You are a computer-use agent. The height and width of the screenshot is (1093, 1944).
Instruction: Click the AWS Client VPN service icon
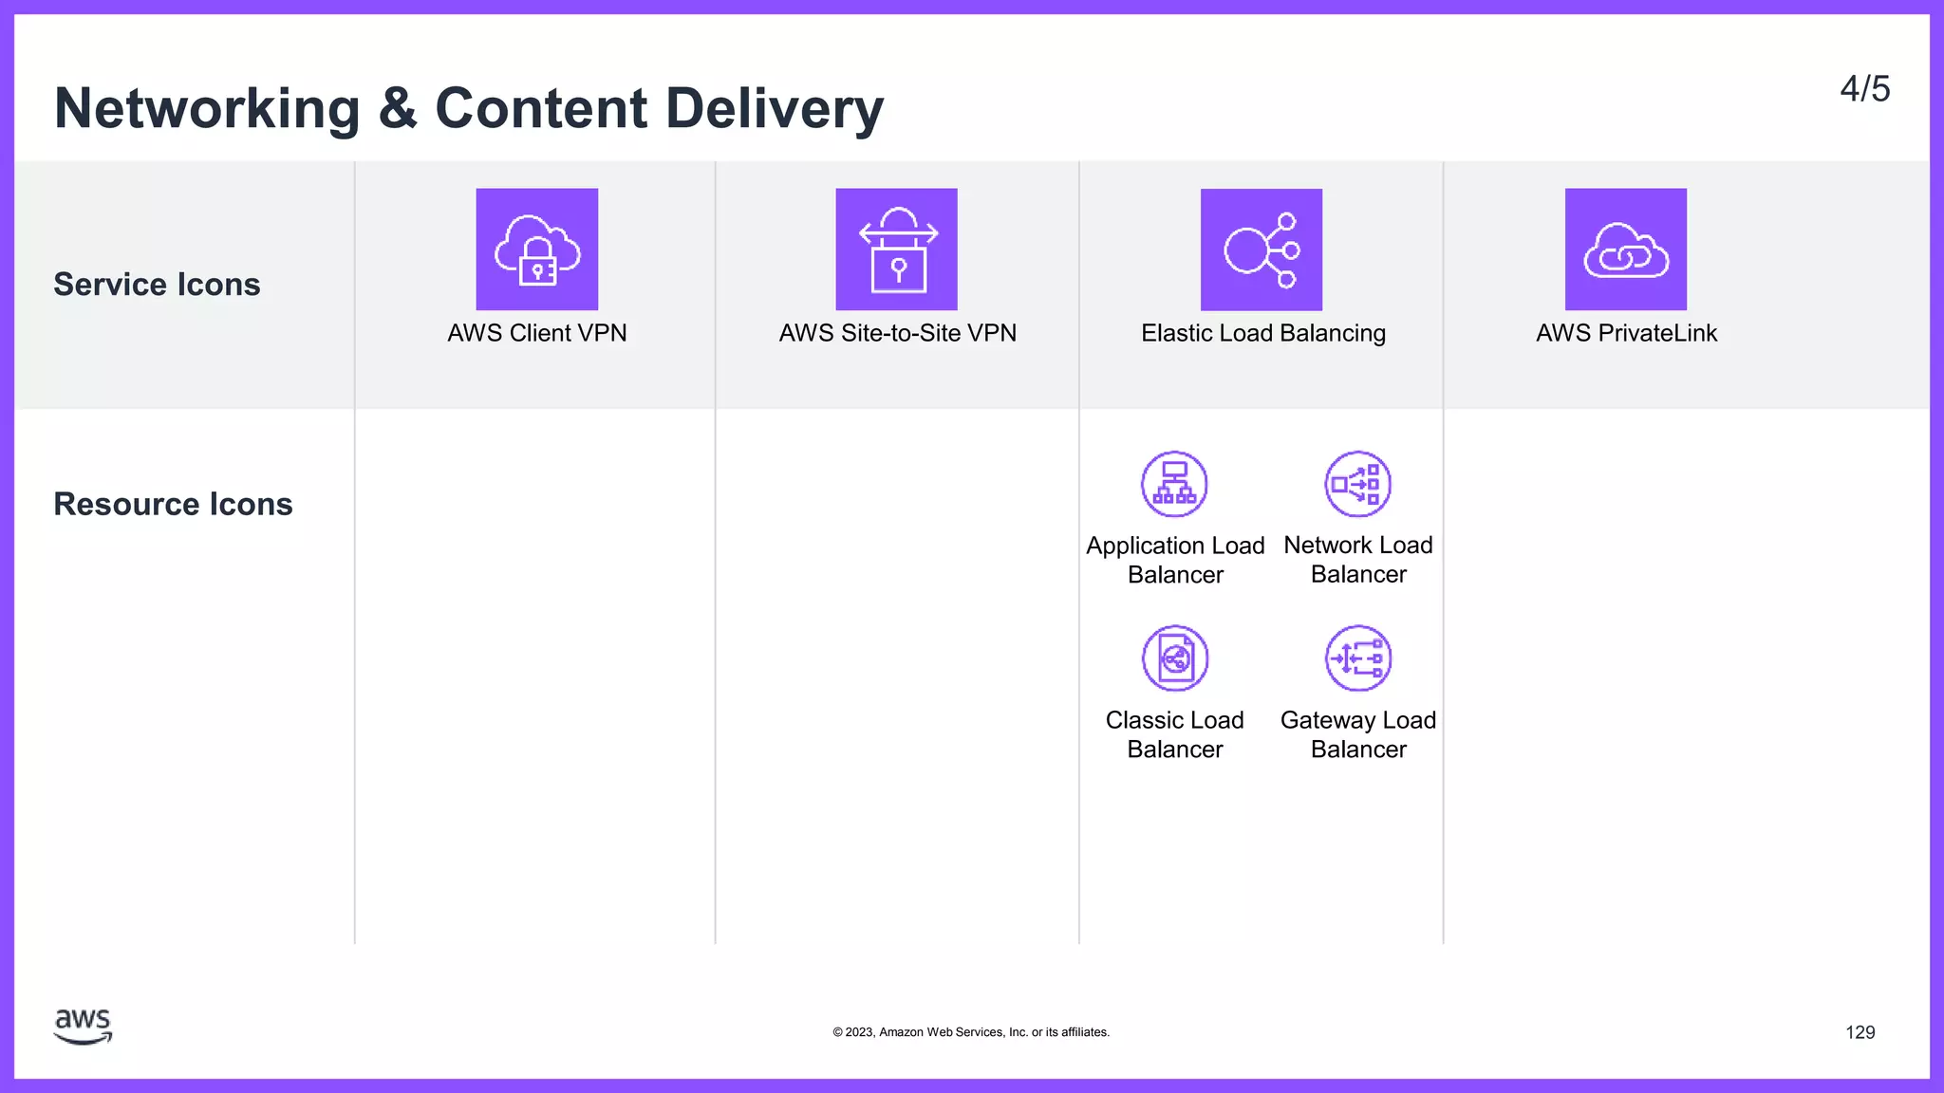click(x=537, y=250)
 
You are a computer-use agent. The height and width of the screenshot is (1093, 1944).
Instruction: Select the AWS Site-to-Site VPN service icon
click(x=896, y=250)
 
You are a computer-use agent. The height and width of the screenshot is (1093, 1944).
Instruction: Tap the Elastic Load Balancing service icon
click(x=1261, y=250)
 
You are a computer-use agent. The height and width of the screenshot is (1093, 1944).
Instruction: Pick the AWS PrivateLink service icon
click(x=1625, y=250)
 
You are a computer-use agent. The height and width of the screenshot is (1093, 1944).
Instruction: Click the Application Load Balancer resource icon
click(x=1174, y=484)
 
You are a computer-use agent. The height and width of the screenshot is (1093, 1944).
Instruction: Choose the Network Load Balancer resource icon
click(x=1357, y=484)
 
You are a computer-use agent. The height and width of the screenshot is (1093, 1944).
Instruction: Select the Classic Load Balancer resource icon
click(x=1175, y=658)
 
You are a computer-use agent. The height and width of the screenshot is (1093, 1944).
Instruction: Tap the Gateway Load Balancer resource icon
click(x=1358, y=658)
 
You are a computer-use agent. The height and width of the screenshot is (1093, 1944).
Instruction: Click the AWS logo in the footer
click(x=84, y=1027)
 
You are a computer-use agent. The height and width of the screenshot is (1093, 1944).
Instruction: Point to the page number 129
click(x=1860, y=1032)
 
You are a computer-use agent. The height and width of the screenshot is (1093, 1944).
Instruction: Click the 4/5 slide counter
click(x=1864, y=89)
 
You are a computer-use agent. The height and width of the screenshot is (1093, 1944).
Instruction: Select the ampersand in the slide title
click(x=398, y=108)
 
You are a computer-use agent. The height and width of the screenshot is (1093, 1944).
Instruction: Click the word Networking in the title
click(x=207, y=108)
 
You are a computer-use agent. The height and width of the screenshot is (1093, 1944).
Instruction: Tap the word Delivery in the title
click(x=775, y=108)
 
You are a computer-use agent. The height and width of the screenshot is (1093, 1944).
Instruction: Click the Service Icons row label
click(x=157, y=285)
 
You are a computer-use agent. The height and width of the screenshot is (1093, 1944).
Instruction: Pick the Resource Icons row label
click(x=173, y=504)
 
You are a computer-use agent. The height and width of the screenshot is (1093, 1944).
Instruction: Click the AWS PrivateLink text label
click(x=1626, y=333)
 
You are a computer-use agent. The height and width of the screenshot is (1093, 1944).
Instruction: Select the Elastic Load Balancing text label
click(x=1262, y=333)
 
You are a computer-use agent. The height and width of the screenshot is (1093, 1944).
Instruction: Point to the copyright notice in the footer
click(x=971, y=1032)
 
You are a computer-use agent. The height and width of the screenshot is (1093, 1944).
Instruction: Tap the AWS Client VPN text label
click(x=537, y=333)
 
